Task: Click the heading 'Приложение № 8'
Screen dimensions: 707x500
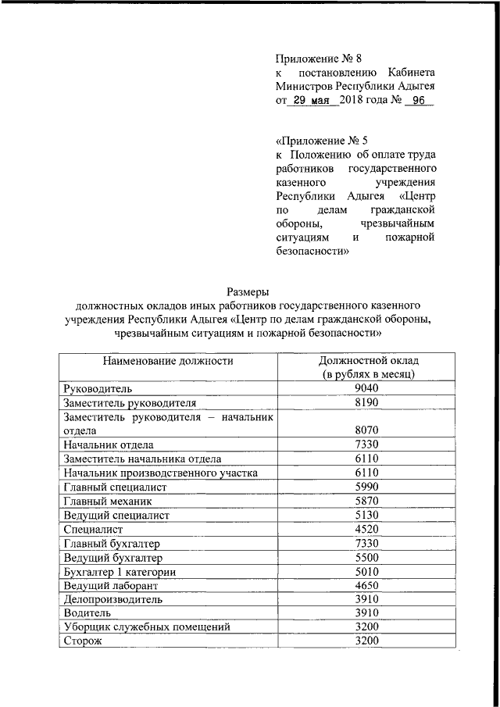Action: coord(319,58)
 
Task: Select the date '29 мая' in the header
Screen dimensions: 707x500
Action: coord(312,101)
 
